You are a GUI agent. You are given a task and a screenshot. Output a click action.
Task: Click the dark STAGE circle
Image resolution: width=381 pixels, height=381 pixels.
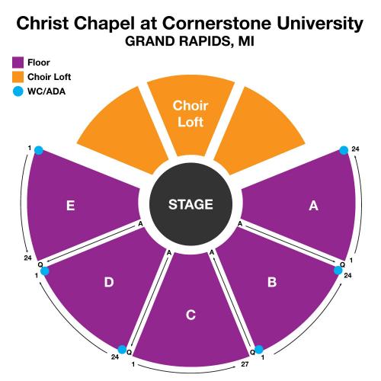pyautogui.click(x=190, y=204)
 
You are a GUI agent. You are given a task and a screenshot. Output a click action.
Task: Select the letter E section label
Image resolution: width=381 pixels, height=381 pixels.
pyautogui.click(x=70, y=206)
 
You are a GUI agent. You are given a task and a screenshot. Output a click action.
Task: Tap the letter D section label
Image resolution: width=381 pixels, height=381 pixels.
pyautogui.click(x=109, y=282)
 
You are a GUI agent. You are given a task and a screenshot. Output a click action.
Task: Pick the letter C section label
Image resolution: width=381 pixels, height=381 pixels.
pyautogui.click(x=190, y=315)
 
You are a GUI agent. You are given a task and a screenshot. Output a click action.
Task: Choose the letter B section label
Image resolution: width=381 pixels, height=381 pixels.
pyautogui.click(x=272, y=282)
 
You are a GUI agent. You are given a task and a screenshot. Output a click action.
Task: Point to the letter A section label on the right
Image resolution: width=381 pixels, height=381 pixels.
pyautogui.click(x=313, y=206)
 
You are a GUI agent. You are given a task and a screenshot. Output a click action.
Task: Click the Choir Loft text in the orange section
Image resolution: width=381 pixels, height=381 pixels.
pyautogui.click(x=190, y=114)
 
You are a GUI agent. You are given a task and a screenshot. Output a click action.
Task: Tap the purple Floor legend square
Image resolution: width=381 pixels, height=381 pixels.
pyautogui.click(x=18, y=62)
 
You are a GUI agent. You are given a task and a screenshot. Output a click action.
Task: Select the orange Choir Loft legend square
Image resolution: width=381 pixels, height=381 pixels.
pyautogui.click(x=18, y=77)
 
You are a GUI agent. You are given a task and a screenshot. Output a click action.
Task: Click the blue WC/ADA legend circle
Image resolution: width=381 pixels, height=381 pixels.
pyautogui.click(x=18, y=91)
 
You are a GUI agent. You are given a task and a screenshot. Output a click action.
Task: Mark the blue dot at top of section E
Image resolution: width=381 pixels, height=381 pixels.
pyautogui.click(x=39, y=150)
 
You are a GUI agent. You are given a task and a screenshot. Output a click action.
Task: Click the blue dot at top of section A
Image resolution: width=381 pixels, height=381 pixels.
pyautogui.click(x=344, y=150)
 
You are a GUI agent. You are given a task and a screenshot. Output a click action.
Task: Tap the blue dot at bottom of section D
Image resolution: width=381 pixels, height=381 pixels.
pyautogui.click(x=122, y=350)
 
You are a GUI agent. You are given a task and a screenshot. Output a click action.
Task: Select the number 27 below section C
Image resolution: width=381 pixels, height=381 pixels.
pyautogui.click(x=245, y=364)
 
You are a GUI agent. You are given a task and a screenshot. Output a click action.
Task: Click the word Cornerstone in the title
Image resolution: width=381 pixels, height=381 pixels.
pyautogui.click(x=217, y=24)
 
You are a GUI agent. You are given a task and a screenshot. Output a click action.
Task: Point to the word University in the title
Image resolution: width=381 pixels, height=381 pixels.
pyautogui.click(x=320, y=24)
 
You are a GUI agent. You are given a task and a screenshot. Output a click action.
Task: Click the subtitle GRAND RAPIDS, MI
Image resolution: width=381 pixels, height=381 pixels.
pyautogui.click(x=190, y=41)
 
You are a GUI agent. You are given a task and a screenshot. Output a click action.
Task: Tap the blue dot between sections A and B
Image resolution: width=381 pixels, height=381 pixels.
pyautogui.click(x=338, y=271)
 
